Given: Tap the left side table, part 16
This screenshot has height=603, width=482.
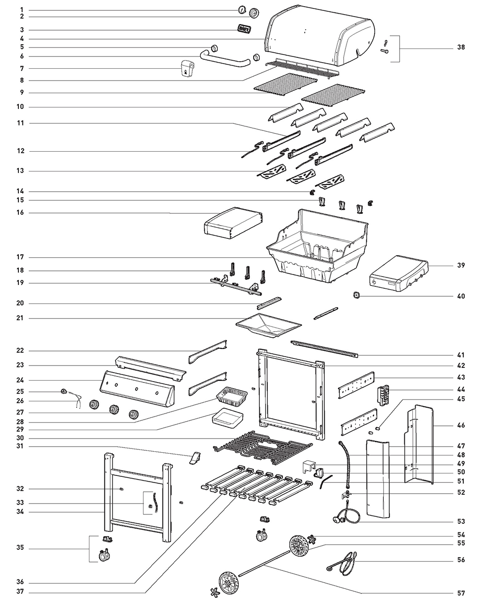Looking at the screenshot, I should click(233, 222).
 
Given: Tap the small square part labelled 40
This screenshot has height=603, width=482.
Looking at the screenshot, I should click(356, 295).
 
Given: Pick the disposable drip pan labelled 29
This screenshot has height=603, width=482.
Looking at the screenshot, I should click(228, 418).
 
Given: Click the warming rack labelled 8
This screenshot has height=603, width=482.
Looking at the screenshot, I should click(306, 66).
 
